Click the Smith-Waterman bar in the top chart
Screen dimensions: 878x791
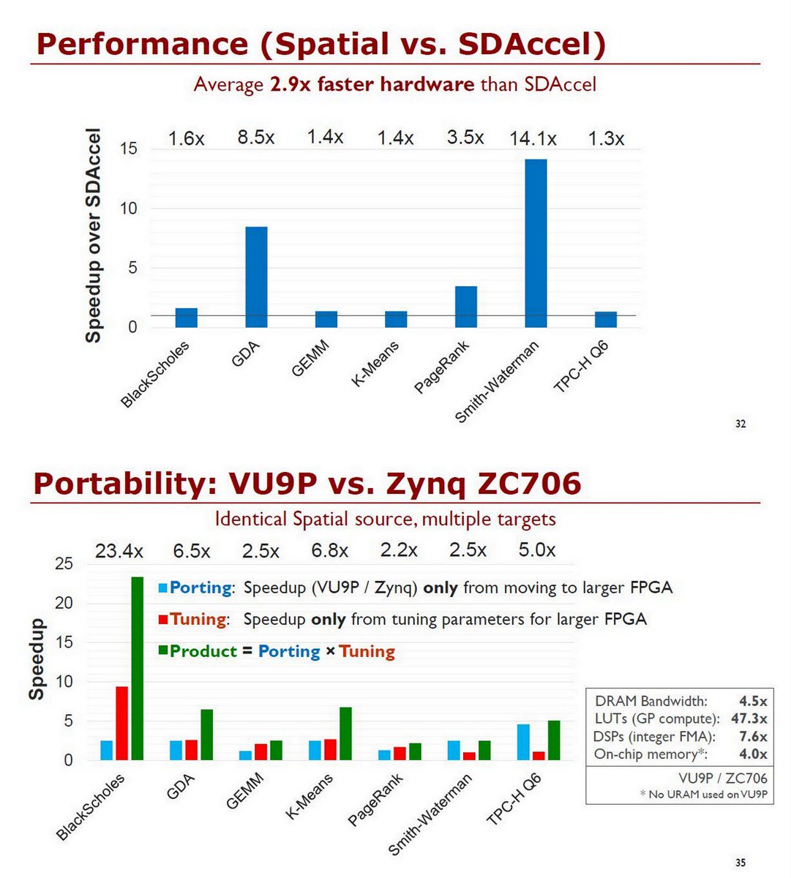pyautogui.click(x=536, y=243)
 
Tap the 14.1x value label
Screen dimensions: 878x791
pyautogui.click(x=533, y=138)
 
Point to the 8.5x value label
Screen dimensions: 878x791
pyautogui.click(x=256, y=137)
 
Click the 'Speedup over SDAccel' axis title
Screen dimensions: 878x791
pyautogui.click(x=93, y=236)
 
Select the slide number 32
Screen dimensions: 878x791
pyautogui.click(x=741, y=424)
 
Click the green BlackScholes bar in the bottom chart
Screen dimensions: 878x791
pyautogui.click(x=137, y=668)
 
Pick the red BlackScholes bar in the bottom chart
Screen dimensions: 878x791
pyautogui.click(x=121, y=723)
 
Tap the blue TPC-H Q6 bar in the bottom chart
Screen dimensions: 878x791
pyautogui.click(x=523, y=742)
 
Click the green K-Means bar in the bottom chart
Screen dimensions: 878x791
pyautogui.click(x=345, y=733)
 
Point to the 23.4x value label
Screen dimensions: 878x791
pyautogui.click(x=119, y=551)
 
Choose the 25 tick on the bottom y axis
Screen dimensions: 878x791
pyautogui.click(x=64, y=563)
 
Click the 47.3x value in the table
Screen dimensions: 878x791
pyautogui.click(x=749, y=718)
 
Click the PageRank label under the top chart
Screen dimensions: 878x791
pyautogui.click(x=441, y=368)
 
